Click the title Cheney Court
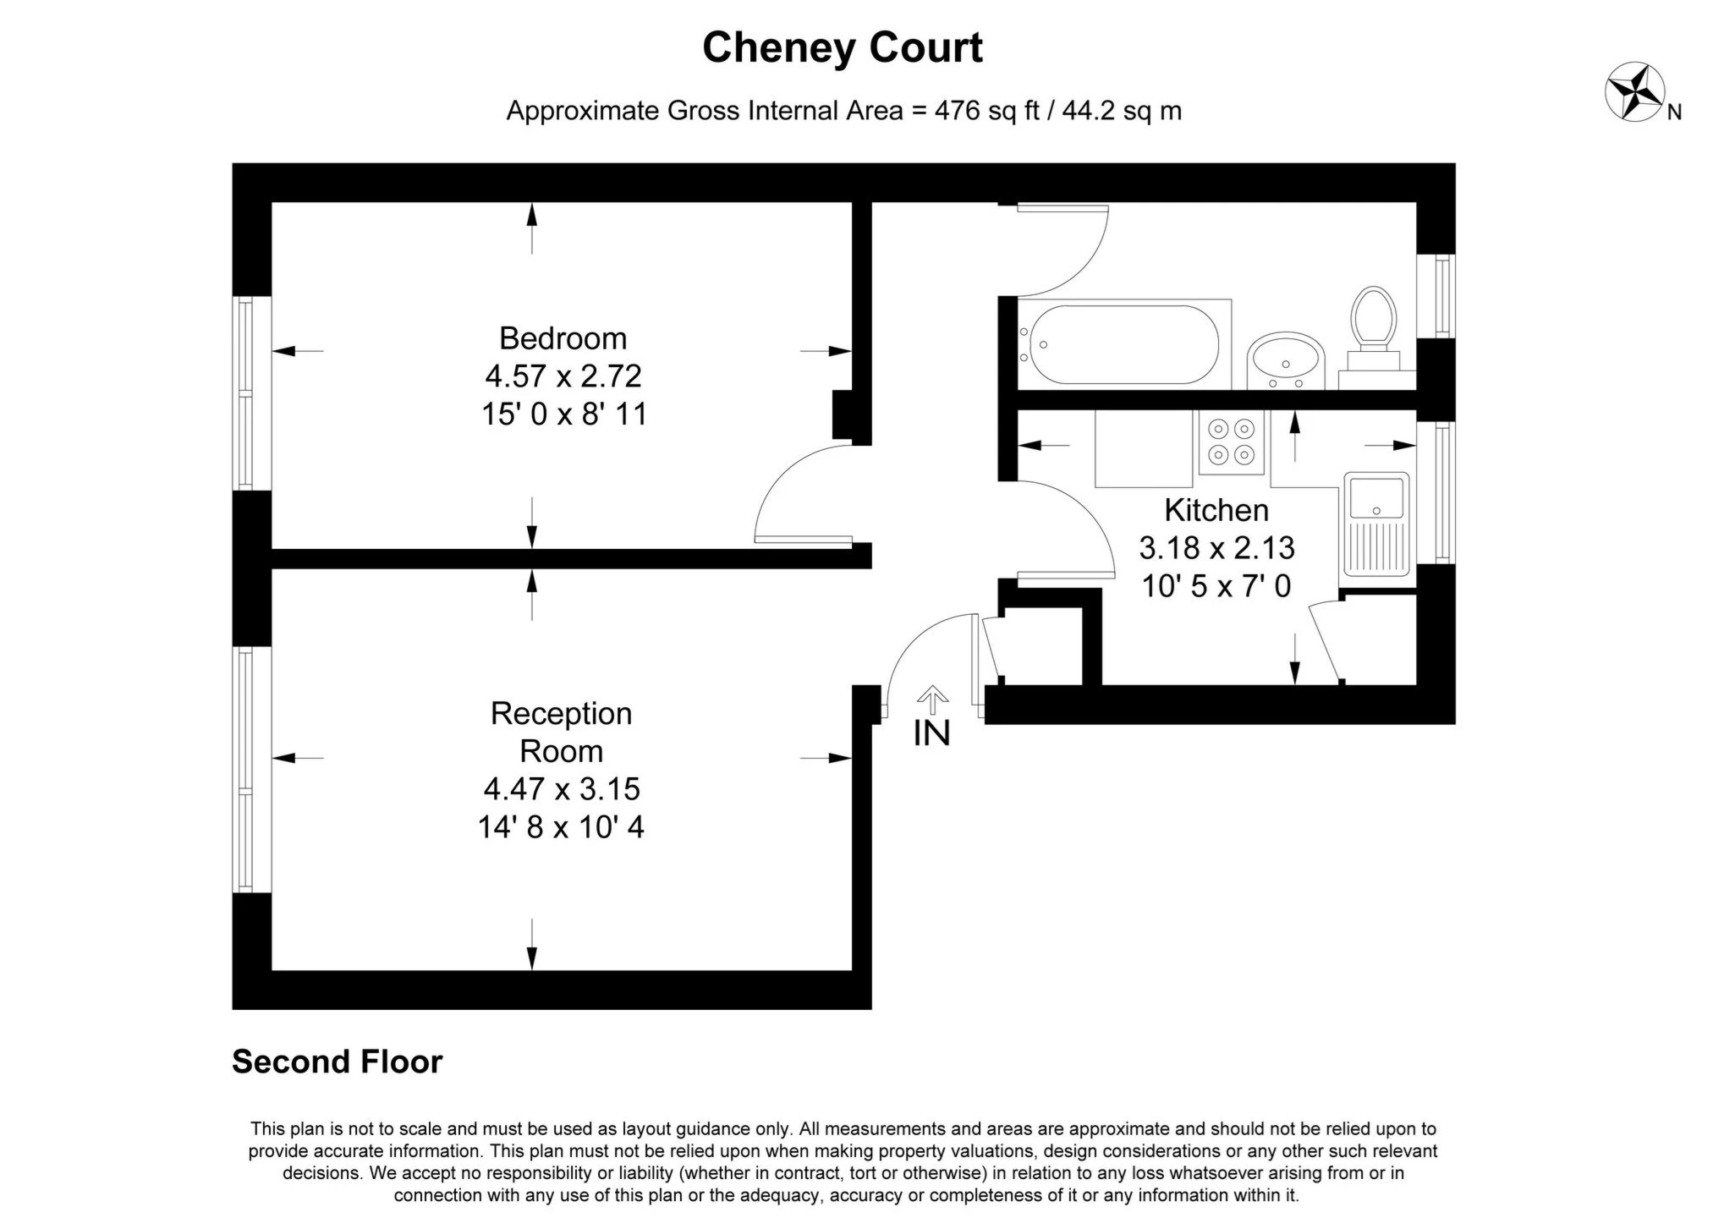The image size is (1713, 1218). [842, 47]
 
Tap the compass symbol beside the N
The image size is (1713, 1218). [1633, 91]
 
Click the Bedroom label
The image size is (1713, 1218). [563, 338]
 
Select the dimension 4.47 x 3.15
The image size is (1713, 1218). [562, 788]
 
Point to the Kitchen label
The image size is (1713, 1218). [1216, 510]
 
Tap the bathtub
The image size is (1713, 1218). [1121, 344]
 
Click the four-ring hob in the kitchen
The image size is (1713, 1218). [1231, 442]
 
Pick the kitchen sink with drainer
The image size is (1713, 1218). [1376, 524]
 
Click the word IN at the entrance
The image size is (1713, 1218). [931, 734]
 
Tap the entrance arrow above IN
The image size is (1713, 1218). [932, 697]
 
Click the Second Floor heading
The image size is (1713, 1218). [337, 1062]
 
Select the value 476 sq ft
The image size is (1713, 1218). [986, 111]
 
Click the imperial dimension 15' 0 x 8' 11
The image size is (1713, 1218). [563, 414]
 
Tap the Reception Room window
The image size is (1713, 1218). [244, 769]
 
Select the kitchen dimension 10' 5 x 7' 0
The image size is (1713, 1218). [1216, 585]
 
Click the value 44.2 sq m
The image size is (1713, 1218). [1121, 111]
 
